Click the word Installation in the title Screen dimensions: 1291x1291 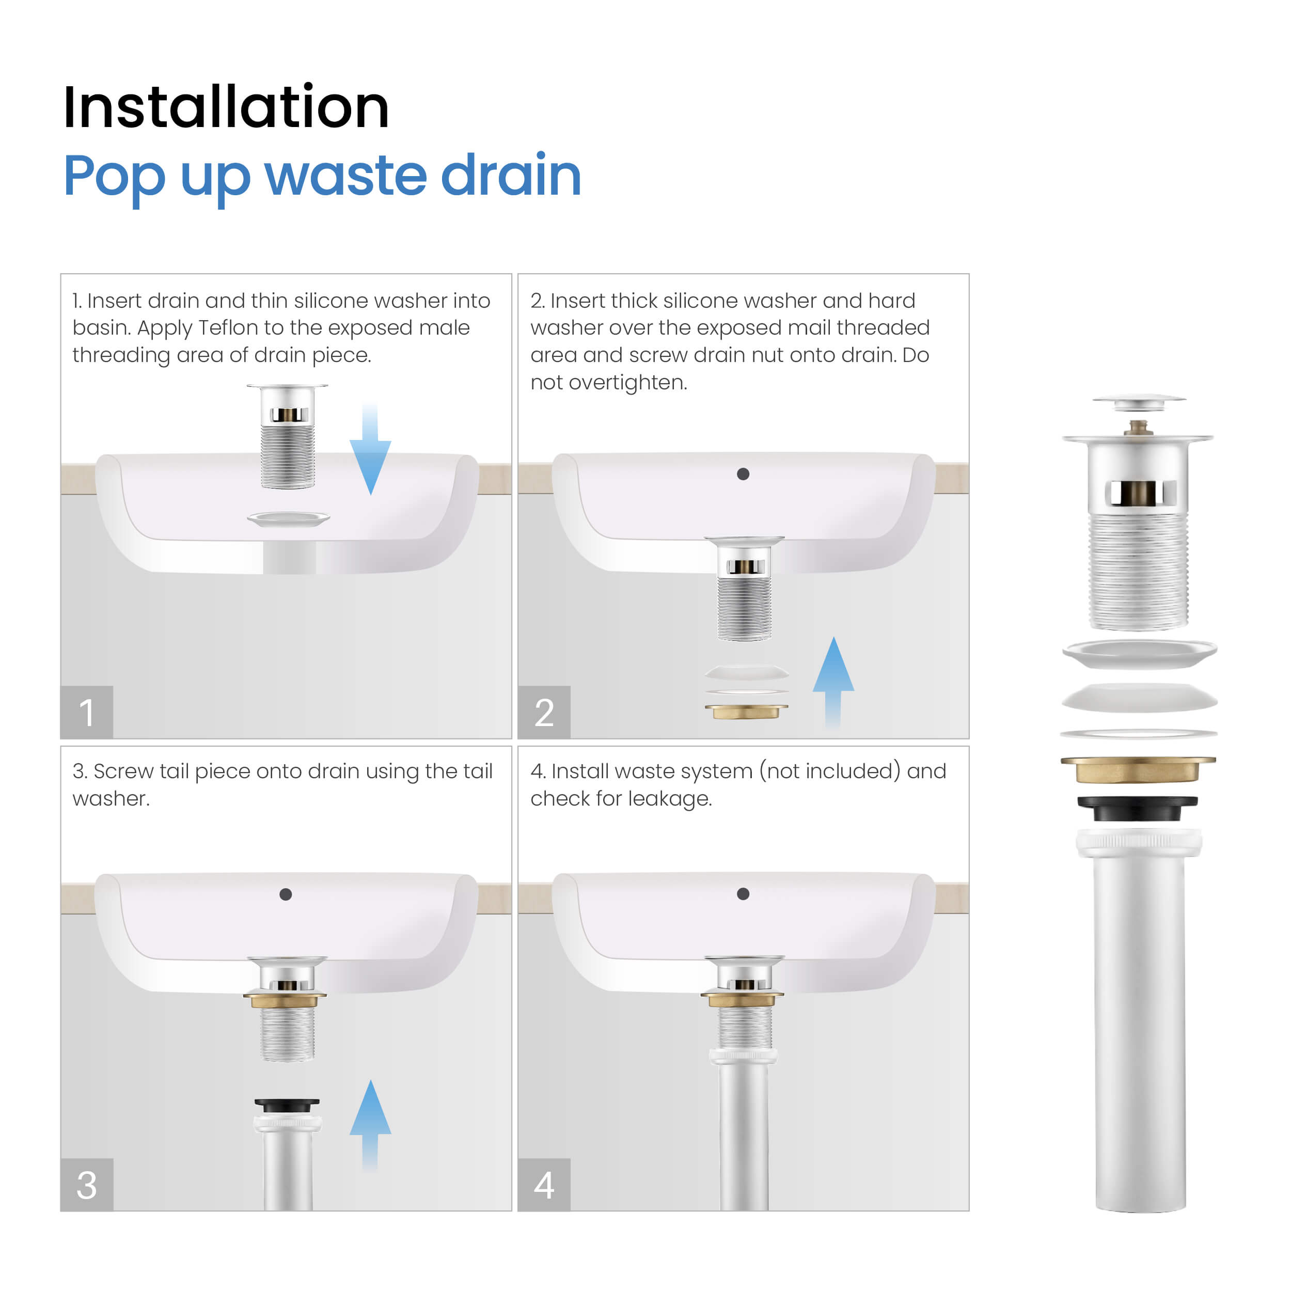[x=226, y=107]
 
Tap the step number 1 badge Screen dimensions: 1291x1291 [x=87, y=712]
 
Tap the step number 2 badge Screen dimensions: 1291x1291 [x=544, y=712]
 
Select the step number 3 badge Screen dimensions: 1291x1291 [x=87, y=1185]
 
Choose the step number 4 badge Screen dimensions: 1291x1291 [x=544, y=1185]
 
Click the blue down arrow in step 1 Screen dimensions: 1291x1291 [x=370, y=448]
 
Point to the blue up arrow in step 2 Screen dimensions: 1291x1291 [x=833, y=682]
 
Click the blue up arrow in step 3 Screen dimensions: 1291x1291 [x=370, y=1125]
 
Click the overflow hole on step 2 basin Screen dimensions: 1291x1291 [x=743, y=474]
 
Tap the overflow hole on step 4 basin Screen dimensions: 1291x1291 [x=743, y=894]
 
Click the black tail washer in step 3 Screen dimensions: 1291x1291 [x=287, y=1105]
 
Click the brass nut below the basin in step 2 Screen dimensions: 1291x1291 [x=746, y=711]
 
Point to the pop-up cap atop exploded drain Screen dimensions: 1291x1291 [x=1139, y=402]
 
